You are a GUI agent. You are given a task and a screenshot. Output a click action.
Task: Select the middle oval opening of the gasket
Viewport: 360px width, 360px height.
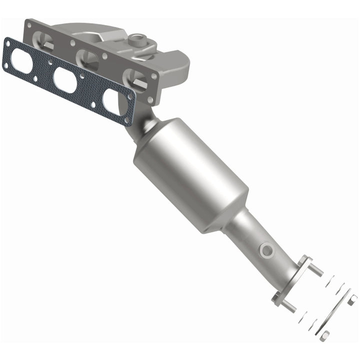pyautogui.click(x=65, y=80)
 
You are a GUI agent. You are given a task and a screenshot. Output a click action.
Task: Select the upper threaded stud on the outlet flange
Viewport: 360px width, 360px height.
pyautogui.click(x=316, y=270)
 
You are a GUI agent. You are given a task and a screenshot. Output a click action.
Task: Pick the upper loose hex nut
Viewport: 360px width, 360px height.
pyautogui.click(x=352, y=299)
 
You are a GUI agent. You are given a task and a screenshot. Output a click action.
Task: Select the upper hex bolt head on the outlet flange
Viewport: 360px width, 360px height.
pyautogui.click(x=303, y=260)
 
